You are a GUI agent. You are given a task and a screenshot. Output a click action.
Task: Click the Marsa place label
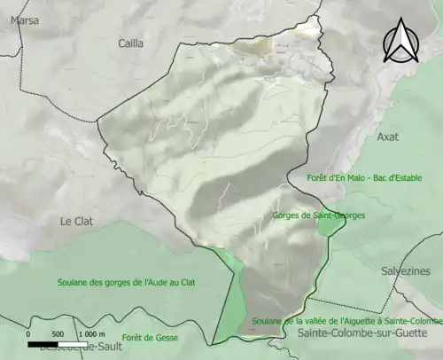click(x=24, y=18)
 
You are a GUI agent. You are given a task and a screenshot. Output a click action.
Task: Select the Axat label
click(x=388, y=137)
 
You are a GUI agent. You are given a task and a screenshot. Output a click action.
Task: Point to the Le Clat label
click(x=77, y=220)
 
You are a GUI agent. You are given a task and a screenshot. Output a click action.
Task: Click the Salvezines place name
click(x=405, y=270)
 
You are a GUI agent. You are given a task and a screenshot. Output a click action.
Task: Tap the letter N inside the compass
click(x=399, y=49)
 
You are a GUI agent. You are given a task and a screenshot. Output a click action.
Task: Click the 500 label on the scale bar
click(x=57, y=333)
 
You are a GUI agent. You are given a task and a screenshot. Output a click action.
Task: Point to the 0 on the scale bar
click(x=28, y=333)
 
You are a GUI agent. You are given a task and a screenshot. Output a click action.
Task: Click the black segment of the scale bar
click(x=43, y=320)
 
